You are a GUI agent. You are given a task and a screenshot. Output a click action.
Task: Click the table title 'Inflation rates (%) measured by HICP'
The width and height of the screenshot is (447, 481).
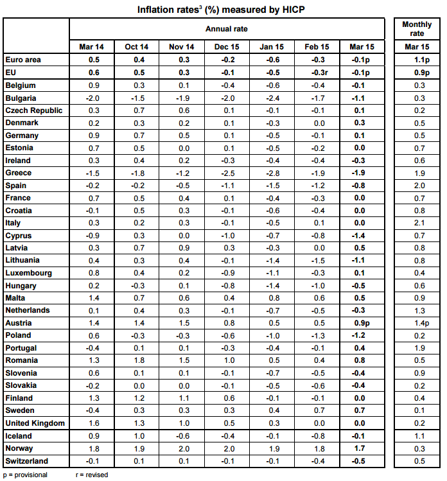pos(221,10)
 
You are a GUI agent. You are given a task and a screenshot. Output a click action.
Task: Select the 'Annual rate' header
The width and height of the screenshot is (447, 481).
pos(227,29)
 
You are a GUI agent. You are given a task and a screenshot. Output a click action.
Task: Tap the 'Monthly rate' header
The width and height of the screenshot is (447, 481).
pos(417,28)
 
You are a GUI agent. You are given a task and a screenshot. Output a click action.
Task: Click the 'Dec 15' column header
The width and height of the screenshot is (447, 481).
pos(227,47)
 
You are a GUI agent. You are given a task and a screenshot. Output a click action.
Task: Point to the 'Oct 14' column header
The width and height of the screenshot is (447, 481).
pos(137,47)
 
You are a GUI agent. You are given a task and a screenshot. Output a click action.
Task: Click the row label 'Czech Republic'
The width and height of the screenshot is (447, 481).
pos(34,110)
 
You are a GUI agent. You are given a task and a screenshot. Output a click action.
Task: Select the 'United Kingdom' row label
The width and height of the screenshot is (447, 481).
pos(35,423)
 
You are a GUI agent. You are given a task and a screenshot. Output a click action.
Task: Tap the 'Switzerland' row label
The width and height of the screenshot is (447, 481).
pos(27,461)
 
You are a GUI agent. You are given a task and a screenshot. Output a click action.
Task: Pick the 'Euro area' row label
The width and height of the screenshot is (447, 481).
pos(23,60)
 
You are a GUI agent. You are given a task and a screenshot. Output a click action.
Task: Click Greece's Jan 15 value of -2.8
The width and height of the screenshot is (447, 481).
pos(273,173)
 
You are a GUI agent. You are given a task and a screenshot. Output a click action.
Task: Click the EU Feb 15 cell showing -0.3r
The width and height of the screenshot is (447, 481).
pos(319,73)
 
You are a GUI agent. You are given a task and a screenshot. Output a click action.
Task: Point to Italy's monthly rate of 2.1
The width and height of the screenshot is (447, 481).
pos(419,223)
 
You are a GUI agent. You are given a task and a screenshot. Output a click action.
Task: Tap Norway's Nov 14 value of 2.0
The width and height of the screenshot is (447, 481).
pos(184,449)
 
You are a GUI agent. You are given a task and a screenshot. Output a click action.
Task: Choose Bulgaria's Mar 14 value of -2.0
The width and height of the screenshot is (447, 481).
pos(92,98)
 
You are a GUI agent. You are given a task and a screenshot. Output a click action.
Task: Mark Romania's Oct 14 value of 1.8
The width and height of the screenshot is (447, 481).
pos(139,360)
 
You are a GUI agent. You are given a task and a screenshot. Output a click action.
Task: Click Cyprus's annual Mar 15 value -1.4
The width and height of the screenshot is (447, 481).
pos(358,236)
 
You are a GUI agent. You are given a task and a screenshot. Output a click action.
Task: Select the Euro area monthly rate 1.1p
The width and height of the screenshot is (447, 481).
pos(422,60)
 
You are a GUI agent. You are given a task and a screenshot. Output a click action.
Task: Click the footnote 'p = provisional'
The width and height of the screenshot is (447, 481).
pos(25,475)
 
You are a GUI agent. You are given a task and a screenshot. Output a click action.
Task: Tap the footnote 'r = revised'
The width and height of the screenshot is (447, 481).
pos(92,475)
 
